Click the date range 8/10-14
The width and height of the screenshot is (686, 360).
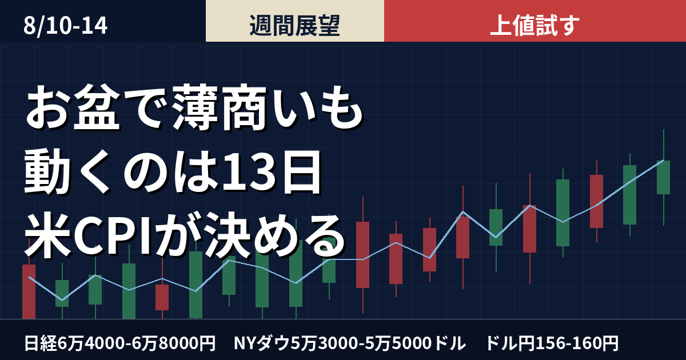[x=65, y=26]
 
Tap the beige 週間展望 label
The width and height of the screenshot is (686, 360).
[x=294, y=25]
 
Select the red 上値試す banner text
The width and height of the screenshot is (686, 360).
[x=535, y=25]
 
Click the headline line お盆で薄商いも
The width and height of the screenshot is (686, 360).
[x=194, y=108]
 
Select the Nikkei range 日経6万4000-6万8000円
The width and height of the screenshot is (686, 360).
[x=119, y=343]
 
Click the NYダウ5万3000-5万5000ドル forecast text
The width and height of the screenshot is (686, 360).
[x=350, y=343]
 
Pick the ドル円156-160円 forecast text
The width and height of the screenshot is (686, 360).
[x=552, y=343]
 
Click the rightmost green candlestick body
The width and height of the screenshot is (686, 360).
[x=663, y=177]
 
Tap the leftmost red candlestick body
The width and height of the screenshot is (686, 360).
[x=29, y=291]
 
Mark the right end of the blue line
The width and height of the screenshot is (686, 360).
[x=663, y=161]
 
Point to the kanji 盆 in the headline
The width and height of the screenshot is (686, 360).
[x=97, y=108]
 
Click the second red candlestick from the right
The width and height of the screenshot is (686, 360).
[x=530, y=229]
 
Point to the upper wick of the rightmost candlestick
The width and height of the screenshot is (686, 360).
[x=663, y=145]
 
